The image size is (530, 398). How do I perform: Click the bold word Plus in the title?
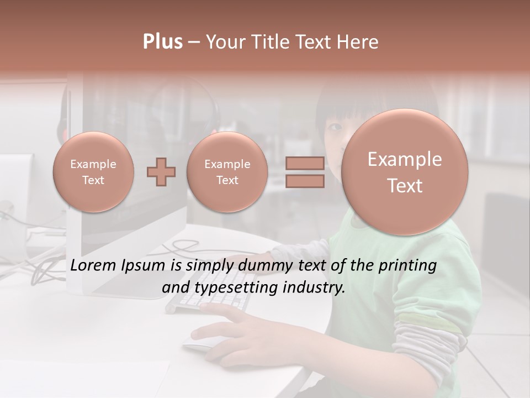pyautogui.click(x=163, y=42)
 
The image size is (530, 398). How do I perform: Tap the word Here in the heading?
pyautogui.click(x=359, y=42)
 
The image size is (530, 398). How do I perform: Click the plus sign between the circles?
pyautogui.click(x=161, y=172)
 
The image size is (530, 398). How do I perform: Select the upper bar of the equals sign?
pyautogui.click(x=305, y=164)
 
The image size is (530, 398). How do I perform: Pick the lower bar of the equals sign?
pyautogui.click(x=305, y=181)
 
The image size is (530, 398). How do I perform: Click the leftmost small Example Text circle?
pyautogui.click(x=93, y=172)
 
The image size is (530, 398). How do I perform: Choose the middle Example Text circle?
pyautogui.click(x=227, y=172)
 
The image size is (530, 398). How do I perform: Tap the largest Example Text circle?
pyautogui.click(x=405, y=172)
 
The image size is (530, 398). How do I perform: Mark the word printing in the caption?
pyautogui.click(x=407, y=266)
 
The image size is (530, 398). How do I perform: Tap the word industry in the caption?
pyautogui.click(x=315, y=288)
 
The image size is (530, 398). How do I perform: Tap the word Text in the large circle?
pyautogui.click(x=405, y=186)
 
